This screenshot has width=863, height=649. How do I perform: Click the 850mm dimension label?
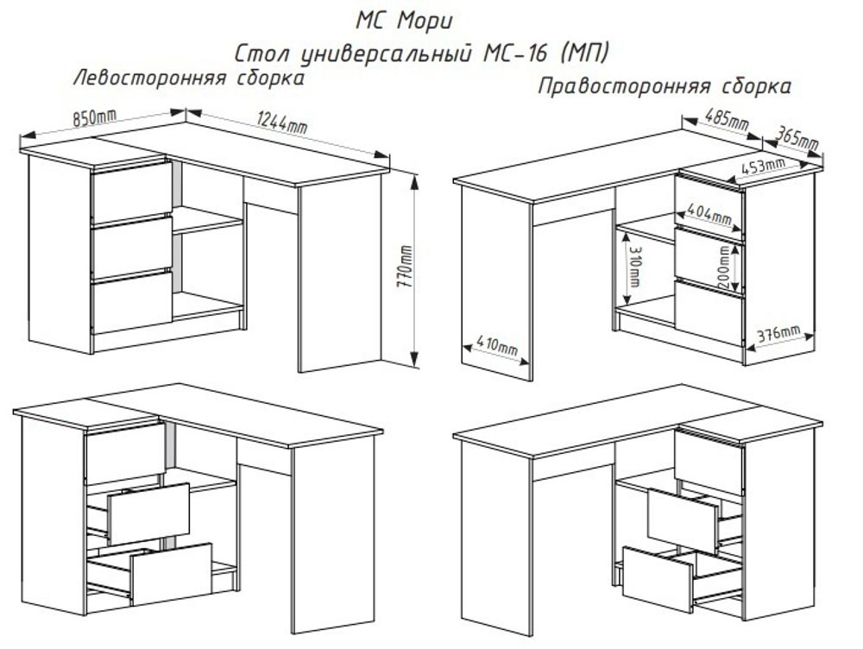point(94,119)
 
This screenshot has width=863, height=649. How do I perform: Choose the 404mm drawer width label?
point(709,211)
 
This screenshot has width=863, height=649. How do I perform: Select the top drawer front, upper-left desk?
point(131,192)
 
